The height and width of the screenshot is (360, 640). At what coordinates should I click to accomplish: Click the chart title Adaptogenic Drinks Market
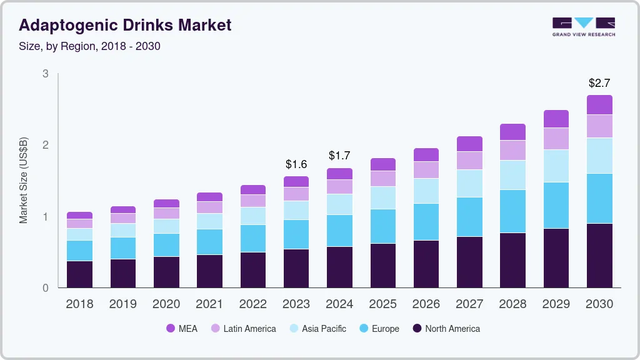[125, 25]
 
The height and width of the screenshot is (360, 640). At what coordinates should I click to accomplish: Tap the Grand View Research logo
[583, 27]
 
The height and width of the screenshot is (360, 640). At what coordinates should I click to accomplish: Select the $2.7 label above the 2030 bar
[599, 83]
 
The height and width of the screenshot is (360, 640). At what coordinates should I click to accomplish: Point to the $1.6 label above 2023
[296, 164]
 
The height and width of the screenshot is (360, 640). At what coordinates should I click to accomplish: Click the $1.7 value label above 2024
[339, 156]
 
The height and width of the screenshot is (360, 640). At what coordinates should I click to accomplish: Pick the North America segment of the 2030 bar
[599, 256]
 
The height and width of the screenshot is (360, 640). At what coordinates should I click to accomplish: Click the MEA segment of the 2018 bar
[79, 215]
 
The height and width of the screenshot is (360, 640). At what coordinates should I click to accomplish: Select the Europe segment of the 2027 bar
[469, 217]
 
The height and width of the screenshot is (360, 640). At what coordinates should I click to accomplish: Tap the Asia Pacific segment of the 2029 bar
[556, 166]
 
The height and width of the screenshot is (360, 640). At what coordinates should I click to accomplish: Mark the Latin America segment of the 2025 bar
[382, 179]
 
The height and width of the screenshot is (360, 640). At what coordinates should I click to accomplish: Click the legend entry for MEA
[182, 328]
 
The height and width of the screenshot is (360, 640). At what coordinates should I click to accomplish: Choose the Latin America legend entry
[243, 328]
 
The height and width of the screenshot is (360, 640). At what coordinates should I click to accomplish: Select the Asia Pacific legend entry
[317, 328]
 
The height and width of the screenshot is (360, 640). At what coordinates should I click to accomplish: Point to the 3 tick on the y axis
[46, 74]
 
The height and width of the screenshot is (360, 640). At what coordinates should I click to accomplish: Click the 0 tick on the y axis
[46, 288]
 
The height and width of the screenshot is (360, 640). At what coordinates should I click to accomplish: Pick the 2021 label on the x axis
[209, 304]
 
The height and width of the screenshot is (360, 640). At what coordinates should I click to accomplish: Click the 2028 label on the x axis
[512, 304]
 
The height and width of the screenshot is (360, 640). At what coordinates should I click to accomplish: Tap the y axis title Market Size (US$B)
[24, 181]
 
